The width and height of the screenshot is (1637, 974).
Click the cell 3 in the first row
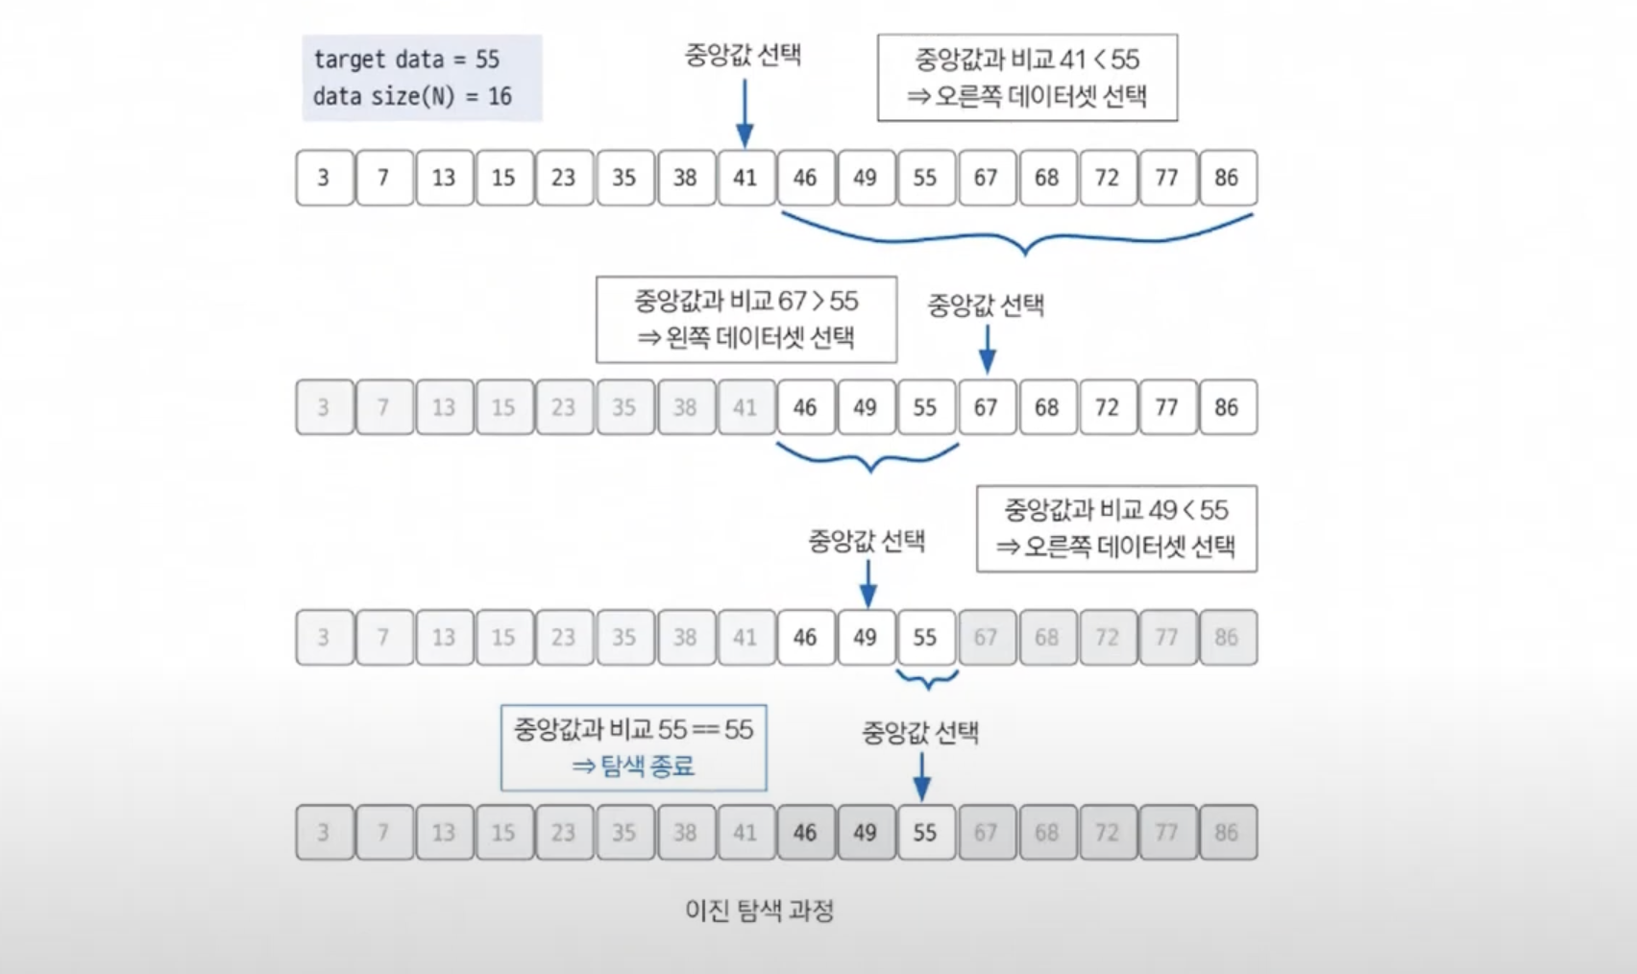(324, 178)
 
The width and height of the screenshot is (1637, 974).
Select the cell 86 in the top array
(1227, 178)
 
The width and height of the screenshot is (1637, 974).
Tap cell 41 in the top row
(745, 178)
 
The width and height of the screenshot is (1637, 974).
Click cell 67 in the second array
(986, 407)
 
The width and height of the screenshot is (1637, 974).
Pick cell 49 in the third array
(866, 637)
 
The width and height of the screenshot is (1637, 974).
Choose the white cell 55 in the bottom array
(925, 832)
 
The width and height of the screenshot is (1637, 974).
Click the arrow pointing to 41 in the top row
(745, 113)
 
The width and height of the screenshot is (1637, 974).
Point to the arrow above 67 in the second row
(987, 349)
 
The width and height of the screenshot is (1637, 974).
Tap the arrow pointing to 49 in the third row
(867, 583)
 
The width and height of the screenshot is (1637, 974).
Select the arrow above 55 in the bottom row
(921, 776)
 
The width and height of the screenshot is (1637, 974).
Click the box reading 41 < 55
(1027, 78)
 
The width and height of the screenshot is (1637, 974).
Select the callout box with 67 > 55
(746, 320)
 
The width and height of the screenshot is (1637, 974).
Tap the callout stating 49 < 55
(1116, 528)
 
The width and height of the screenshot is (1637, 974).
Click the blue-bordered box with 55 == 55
(634, 748)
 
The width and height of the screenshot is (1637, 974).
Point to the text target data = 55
(406, 60)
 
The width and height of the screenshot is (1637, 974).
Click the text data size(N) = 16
(412, 97)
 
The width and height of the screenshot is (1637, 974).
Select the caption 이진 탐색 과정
(759, 910)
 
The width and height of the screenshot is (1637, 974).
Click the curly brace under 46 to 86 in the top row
(1024, 238)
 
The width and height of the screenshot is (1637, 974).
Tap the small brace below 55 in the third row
(927, 681)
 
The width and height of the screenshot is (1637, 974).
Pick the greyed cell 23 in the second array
(564, 407)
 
